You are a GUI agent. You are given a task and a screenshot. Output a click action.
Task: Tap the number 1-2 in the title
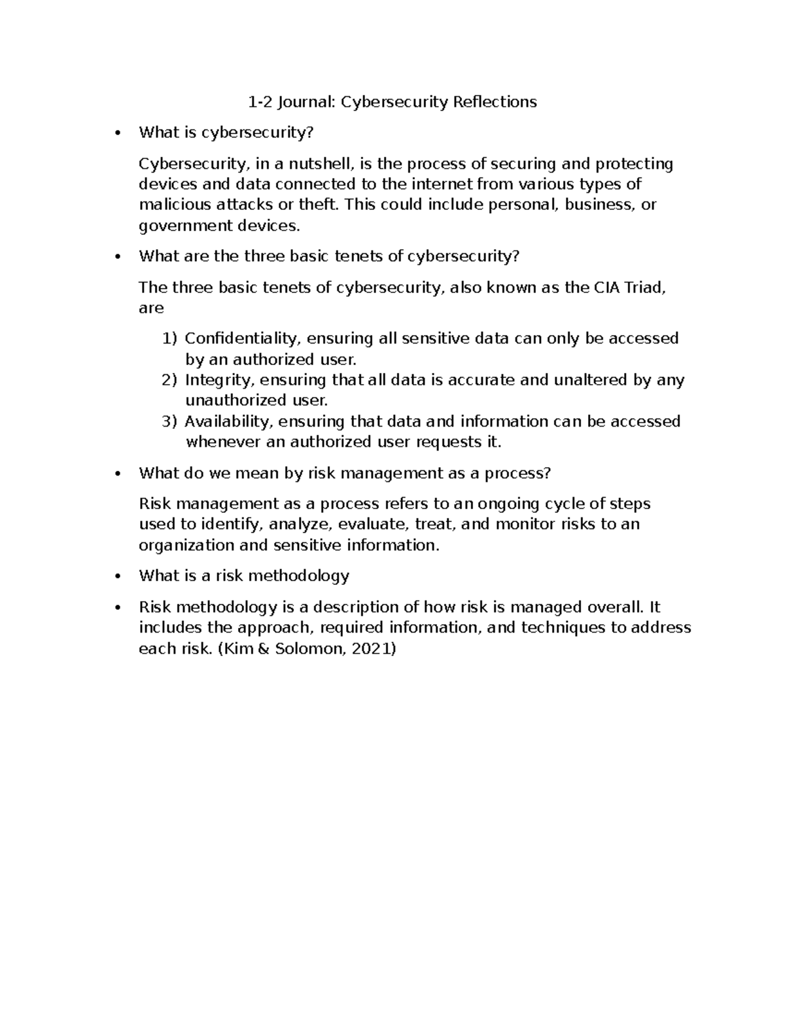259,102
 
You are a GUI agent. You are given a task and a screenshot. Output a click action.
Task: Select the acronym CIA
608,288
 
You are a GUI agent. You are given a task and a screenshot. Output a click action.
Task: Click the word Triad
645,288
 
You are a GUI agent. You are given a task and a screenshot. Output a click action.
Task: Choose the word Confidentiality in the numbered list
241,339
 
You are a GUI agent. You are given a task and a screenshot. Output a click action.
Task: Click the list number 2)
169,380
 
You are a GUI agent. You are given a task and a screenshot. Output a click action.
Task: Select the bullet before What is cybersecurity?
117,133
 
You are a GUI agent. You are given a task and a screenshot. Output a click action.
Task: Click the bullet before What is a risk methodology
117,576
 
